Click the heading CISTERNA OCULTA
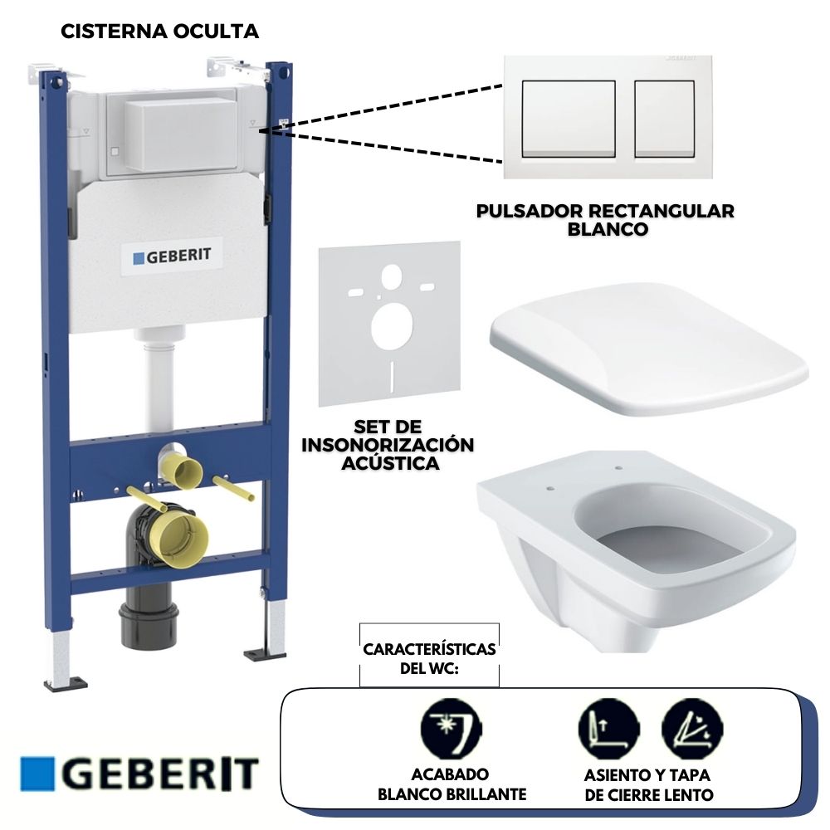(159, 32)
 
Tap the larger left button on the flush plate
(569, 119)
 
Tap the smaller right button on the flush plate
(664, 119)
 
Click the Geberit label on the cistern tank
(172, 256)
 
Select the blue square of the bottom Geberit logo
(37, 774)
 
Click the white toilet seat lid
(648, 349)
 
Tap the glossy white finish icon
(451, 729)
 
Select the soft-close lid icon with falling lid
(692, 729)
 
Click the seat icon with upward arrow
(608, 729)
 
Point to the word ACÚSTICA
(390, 463)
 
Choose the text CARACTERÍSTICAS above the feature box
(429, 649)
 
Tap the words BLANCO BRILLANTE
(452, 794)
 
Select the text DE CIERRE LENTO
(649, 795)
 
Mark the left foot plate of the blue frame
(66, 683)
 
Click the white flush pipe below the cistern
(159, 378)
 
